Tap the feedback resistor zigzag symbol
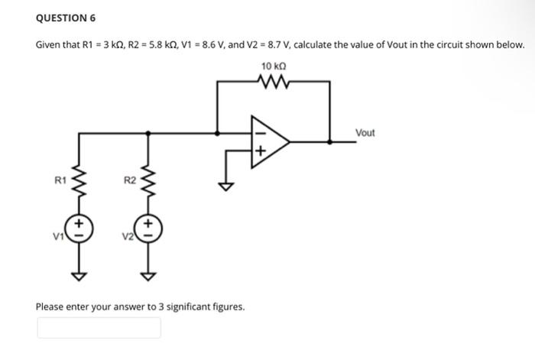[x=273, y=80]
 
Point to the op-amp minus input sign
[x=259, y=132]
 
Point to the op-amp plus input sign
[x=259, y=151]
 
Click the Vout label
[x=365, y=133]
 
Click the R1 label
[x=59, y=181]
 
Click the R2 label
[x=129, y=181]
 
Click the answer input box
[x=99, y=327]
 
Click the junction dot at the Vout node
[x=330, y=141]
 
